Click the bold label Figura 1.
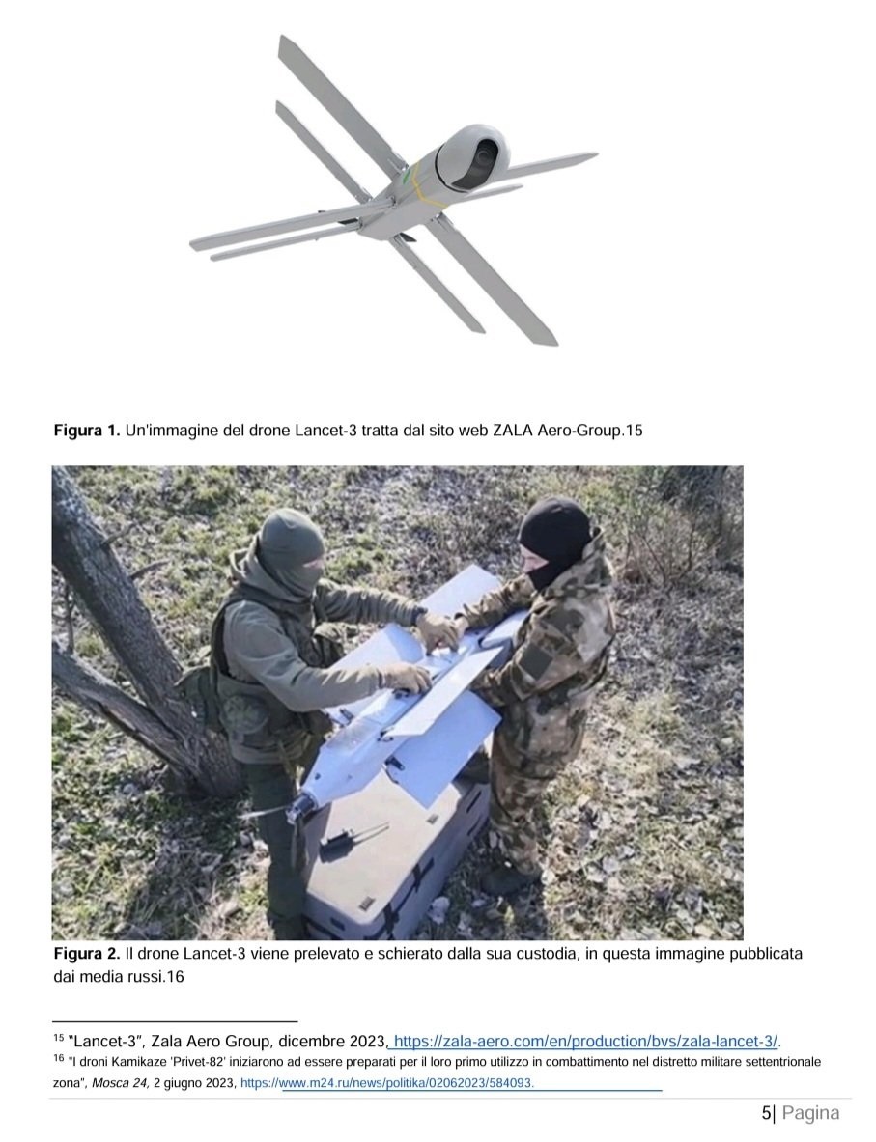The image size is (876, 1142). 87,431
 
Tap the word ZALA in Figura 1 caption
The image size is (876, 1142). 512,431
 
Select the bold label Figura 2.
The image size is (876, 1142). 87,954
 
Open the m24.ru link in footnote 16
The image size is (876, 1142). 387,1083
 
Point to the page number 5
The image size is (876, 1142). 766,1113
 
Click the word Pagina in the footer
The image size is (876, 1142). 810,1114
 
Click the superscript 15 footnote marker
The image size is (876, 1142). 58,1037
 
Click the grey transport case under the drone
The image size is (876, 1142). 393,859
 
